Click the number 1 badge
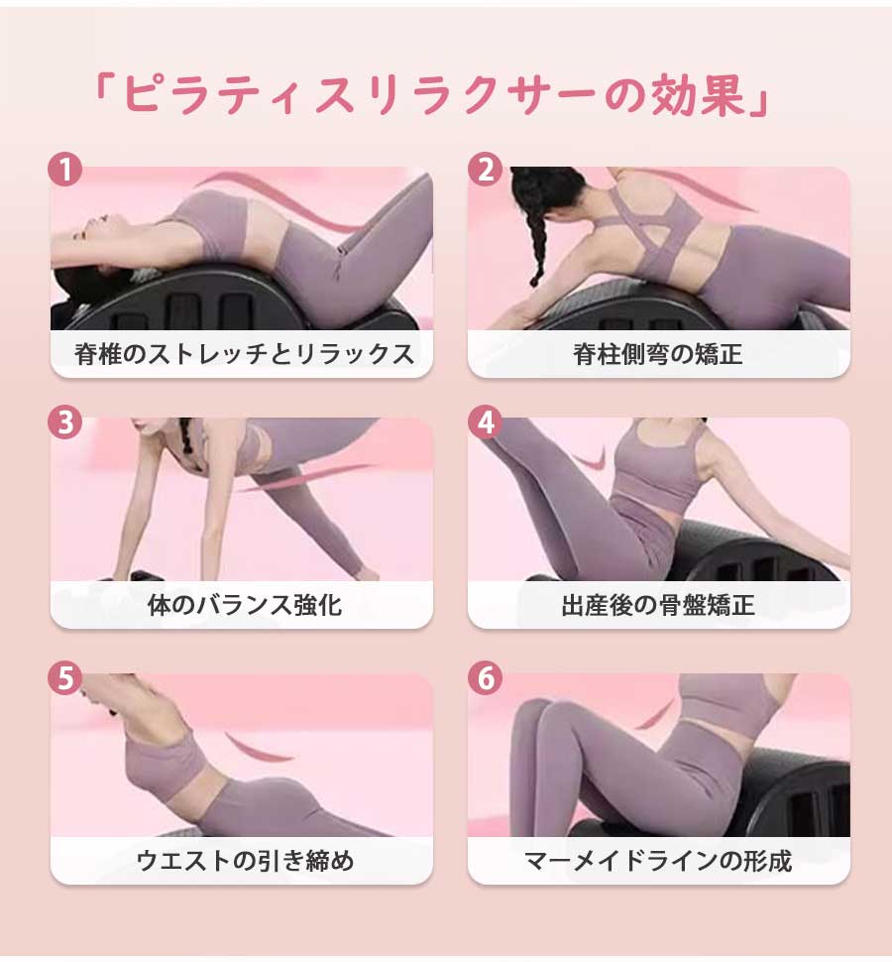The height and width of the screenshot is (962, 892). [65, 170]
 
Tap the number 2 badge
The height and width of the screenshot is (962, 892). [485, 170]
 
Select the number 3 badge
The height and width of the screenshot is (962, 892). [65, 422]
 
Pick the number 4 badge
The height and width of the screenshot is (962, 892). [485, 422]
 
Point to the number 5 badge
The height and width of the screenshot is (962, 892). [65, 678]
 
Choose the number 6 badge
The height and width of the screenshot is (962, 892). [485, 678]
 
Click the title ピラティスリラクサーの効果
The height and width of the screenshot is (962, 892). [431, 95]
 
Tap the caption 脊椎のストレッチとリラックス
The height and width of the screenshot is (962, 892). [244, 354]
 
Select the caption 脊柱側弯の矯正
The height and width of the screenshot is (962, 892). [658, 354]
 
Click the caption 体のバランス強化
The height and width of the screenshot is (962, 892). [244, 605]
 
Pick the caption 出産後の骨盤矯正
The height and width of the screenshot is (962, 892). [658, 605]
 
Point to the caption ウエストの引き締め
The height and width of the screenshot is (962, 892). [245, 860]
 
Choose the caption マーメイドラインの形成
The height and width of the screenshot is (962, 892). [658, 860]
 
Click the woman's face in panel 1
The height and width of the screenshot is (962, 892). [92, 230]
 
